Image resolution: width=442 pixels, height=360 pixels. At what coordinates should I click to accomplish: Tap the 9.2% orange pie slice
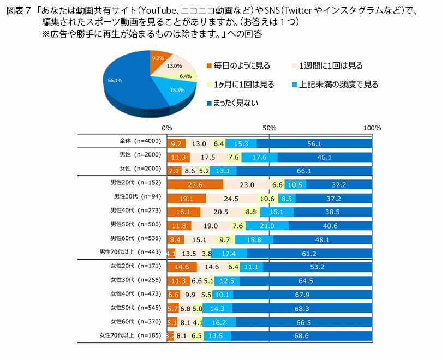[x=157, y=59]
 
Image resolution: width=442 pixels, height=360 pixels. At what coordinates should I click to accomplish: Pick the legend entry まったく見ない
[x=236, y=102]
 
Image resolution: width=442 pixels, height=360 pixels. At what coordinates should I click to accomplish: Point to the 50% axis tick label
[x=269, y=128]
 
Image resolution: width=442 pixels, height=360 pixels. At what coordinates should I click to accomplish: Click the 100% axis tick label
[x=372, y=128]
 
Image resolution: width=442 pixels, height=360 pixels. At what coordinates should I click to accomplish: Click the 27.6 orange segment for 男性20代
[x=194, y=185]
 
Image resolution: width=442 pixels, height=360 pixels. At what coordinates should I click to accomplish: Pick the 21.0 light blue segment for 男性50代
[x=267, y=226]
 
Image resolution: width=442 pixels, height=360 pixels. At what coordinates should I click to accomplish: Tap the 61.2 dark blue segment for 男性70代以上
[x=309, y=254]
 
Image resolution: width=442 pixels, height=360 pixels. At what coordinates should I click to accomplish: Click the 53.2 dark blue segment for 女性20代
[x=317, y=267]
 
